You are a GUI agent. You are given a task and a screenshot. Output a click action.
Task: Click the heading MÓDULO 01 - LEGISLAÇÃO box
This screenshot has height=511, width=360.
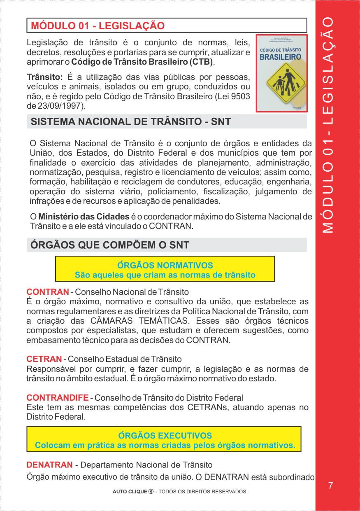(167, 26)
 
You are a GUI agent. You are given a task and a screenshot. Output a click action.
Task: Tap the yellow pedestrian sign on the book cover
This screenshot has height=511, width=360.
(282, 82)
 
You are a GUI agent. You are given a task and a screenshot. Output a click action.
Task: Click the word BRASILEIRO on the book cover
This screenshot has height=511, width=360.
(281, 57)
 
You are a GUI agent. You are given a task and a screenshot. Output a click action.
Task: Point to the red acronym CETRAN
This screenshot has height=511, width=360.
(44, 359)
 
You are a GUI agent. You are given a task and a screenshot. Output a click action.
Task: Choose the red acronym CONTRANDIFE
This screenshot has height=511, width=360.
(57, 397)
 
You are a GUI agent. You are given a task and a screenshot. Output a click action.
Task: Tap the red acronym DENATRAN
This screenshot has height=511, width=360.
(49, 465)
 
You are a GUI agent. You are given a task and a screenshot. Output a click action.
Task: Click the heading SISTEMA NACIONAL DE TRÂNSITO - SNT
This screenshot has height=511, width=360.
(131, 122)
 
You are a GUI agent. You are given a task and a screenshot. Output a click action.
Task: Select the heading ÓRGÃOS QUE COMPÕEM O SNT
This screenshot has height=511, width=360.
(110, 245)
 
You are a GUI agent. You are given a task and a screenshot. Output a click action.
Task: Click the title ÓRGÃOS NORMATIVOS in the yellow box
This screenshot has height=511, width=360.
(165, 265)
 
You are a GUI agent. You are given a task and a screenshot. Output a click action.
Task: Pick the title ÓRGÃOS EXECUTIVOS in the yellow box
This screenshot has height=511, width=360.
(165, 435)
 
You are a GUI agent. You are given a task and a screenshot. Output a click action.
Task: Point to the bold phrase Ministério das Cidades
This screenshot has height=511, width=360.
(84, 217)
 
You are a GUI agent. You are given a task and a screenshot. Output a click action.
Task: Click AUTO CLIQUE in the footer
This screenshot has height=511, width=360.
(129, 492)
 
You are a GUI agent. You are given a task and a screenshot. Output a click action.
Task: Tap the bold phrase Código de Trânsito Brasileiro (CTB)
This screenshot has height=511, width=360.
(142, 62)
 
